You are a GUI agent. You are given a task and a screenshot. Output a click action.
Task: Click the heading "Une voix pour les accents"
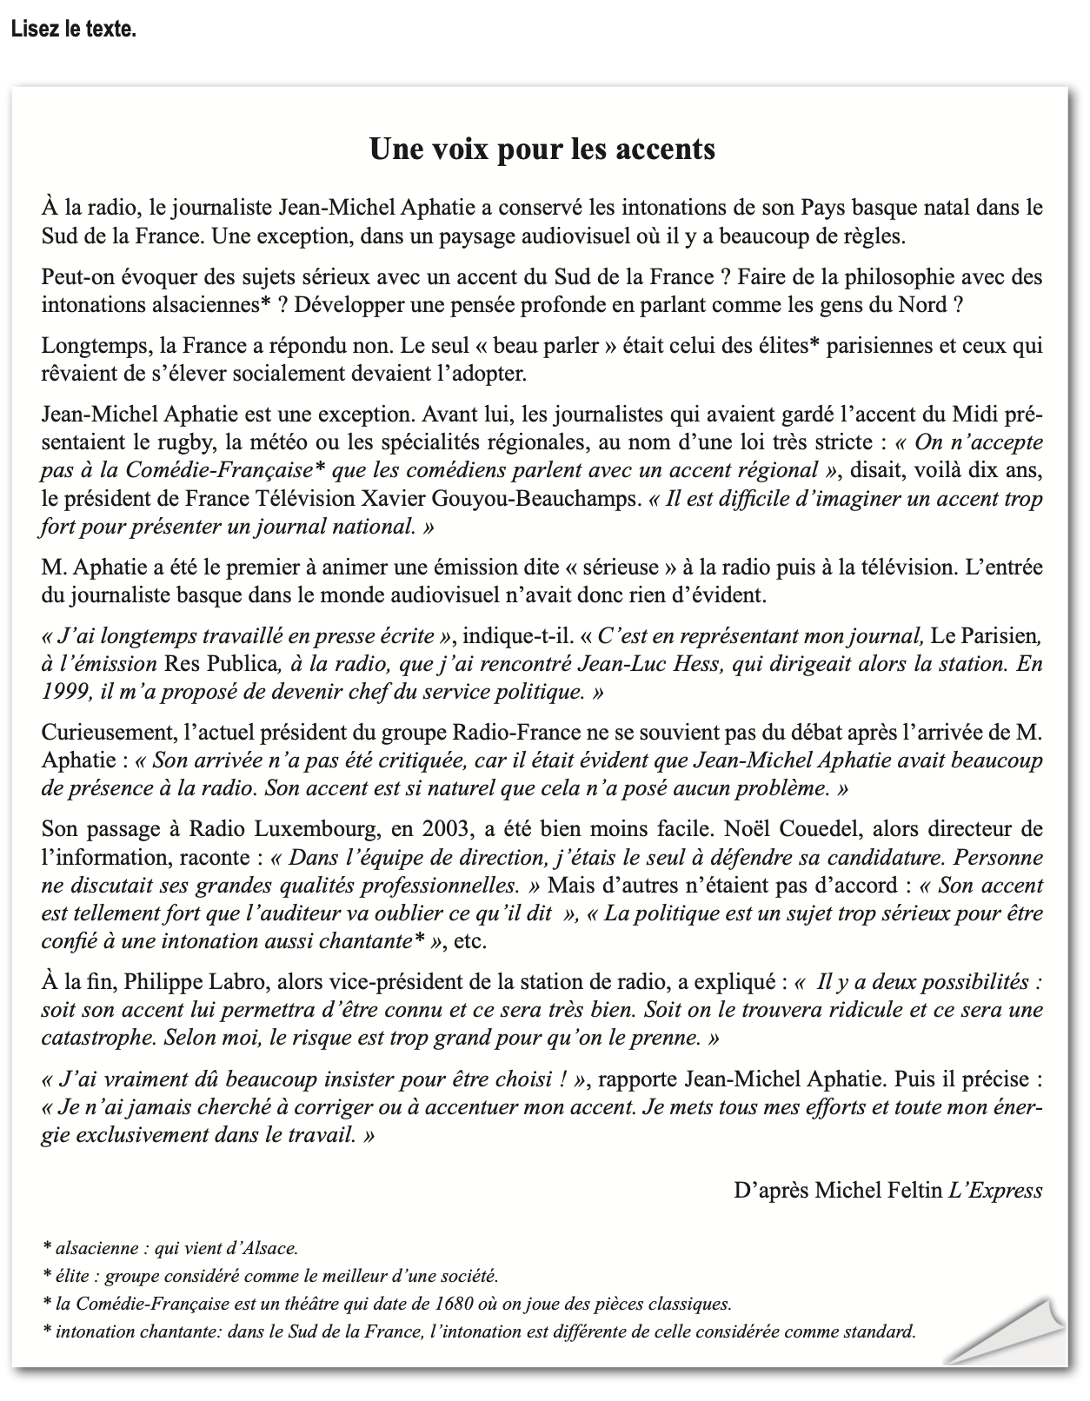(542, 149)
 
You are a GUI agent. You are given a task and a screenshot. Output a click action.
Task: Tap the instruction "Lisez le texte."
(74, 29)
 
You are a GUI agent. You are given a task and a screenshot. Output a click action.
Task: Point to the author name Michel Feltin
(879, 1191)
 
